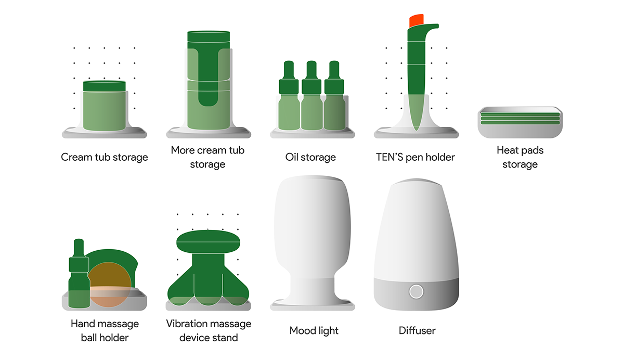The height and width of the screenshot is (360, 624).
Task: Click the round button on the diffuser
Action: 416,291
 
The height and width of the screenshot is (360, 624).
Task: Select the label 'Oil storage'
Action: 310,157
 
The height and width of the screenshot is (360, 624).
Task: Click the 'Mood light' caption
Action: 314,331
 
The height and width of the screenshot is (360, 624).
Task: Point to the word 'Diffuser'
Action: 417,331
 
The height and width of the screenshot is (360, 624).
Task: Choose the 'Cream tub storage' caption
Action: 105,157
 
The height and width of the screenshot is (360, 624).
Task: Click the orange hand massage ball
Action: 110,284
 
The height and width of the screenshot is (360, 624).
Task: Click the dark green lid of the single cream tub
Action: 105,86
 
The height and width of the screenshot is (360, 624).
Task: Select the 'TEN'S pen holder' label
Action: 415,157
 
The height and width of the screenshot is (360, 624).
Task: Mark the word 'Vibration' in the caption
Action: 187,324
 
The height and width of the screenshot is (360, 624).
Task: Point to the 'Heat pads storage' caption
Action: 520,157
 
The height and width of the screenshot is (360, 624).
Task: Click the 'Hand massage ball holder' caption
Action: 105,331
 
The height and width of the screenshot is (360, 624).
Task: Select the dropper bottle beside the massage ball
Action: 79,276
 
